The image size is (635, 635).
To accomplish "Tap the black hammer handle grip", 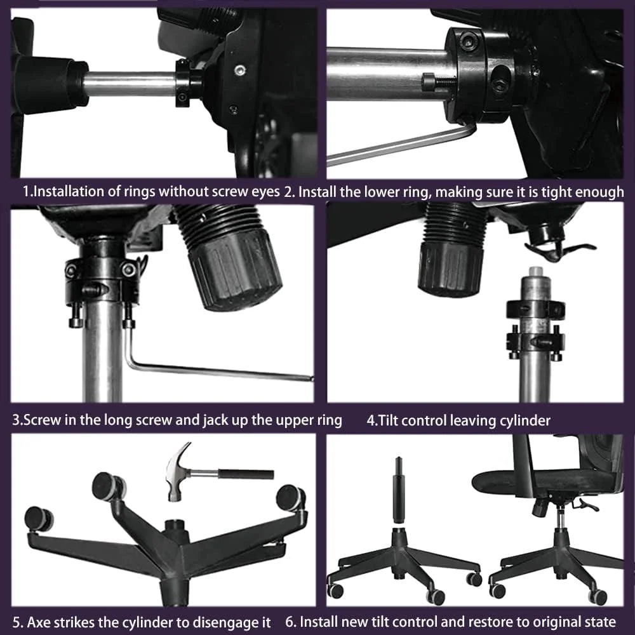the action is click(246, 474).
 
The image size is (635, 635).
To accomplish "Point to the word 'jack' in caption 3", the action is click(216, 420).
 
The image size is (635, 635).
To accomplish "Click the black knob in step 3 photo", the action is click(234, 269).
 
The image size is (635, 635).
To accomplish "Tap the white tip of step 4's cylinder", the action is click(536, 271).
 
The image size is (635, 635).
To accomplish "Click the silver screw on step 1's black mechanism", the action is click(241, 70).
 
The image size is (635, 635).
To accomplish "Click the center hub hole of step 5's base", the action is click(175, 523).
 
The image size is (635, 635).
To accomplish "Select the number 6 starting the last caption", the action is click(289, 622).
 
